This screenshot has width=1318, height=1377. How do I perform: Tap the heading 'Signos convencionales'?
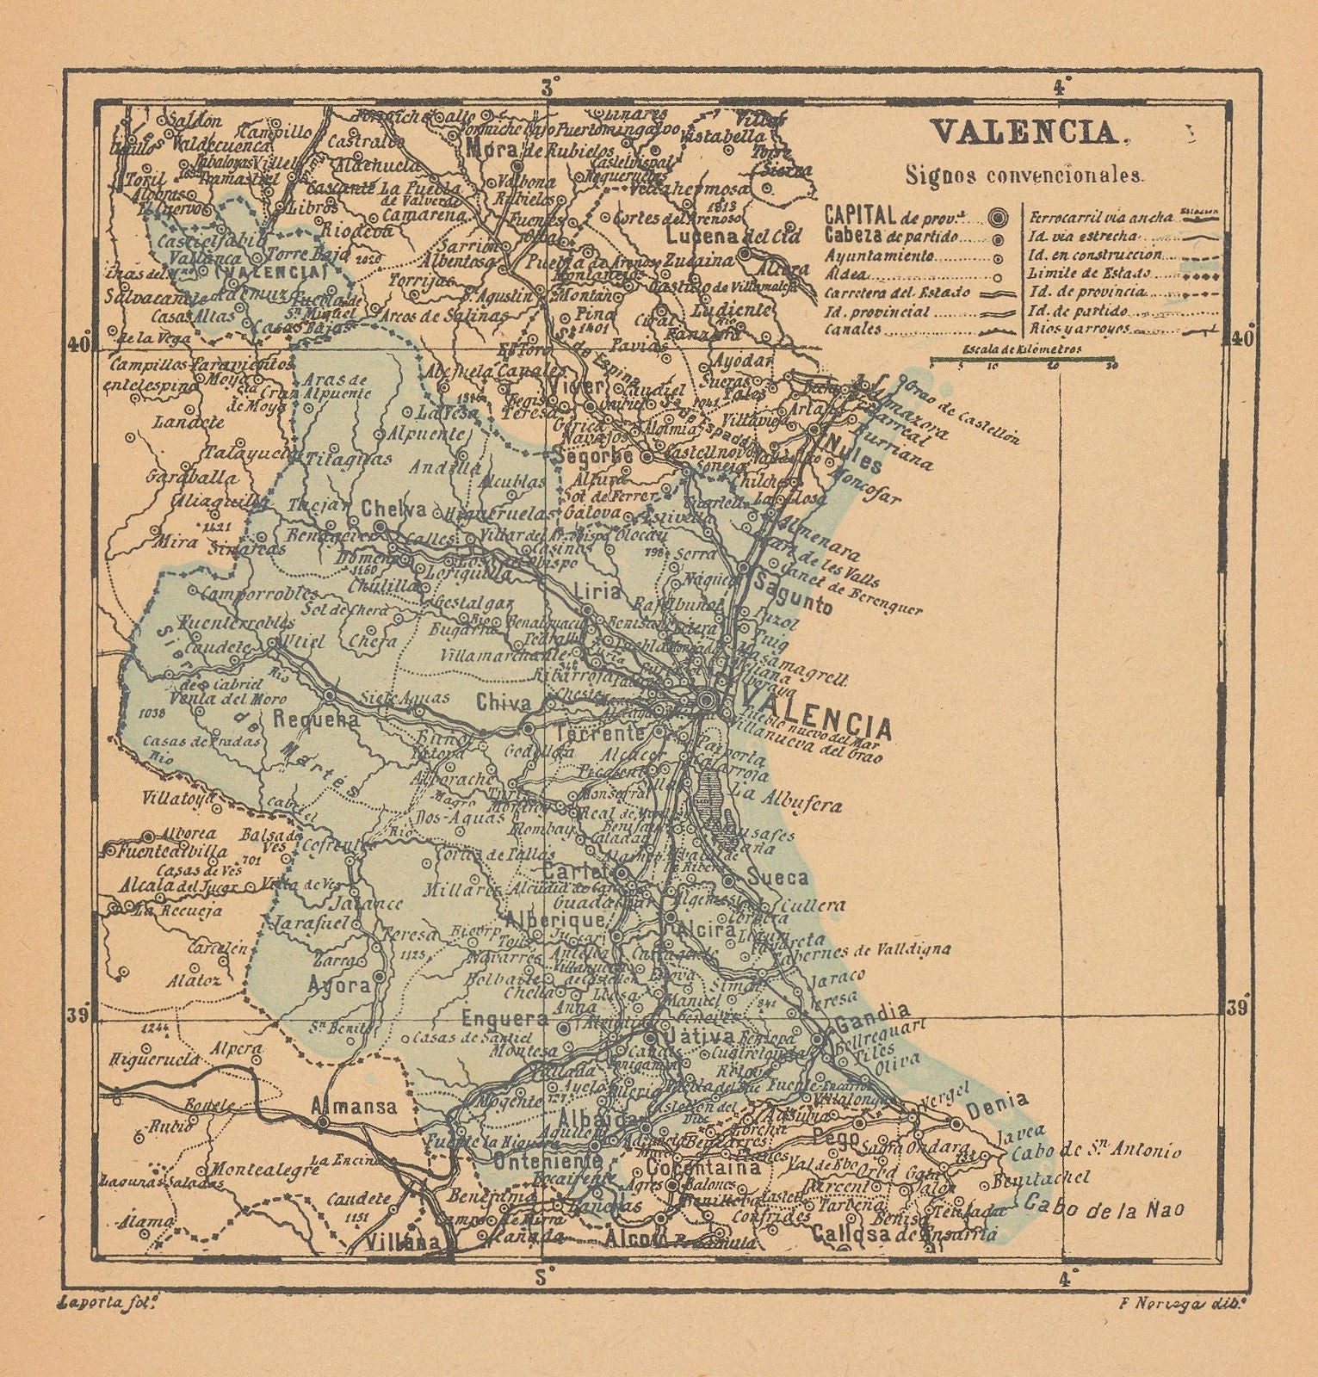click(1024, 176)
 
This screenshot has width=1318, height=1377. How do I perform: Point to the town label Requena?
click(316, 720)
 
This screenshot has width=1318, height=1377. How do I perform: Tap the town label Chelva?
click(394, 509)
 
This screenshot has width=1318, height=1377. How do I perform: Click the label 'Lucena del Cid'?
click(734, 236)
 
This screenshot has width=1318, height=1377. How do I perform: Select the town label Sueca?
click(778, 878)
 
